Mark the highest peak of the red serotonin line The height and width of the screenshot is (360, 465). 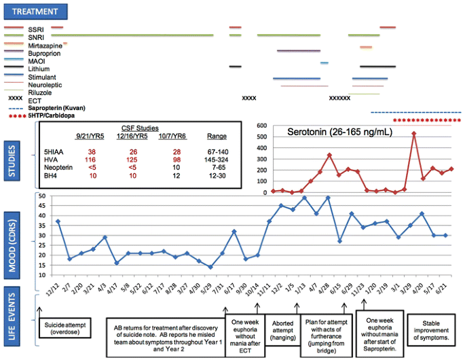[x=414, y=133]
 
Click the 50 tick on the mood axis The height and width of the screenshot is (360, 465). [x=42, y=196]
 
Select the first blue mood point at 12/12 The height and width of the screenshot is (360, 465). [x=58, y=221]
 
